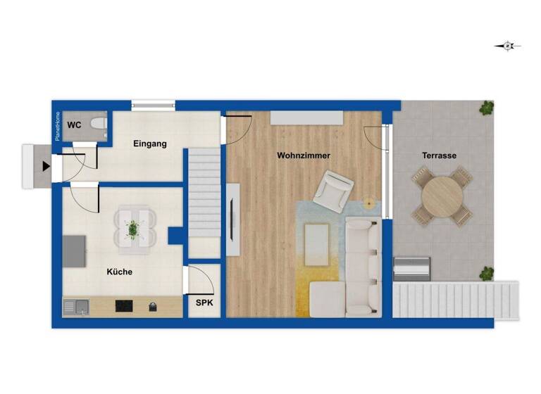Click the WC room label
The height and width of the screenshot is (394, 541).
(73, 125)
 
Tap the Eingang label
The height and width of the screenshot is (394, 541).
(150, 144)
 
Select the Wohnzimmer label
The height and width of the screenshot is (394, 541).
(304, 155)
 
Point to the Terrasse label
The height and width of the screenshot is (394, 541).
(439, 155)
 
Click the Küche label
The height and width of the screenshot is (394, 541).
(119, 272)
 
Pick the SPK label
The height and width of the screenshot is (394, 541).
(204, 303)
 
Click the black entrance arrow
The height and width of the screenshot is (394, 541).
(46, 167)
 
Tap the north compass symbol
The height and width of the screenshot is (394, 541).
(507, 46)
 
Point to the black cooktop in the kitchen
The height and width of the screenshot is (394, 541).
(124, 306)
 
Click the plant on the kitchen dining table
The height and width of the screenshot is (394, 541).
(132, 227)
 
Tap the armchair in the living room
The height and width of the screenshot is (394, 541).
(333, 190)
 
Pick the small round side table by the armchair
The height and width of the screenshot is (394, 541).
(369, 205)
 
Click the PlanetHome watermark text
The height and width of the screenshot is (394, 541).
(58, 126)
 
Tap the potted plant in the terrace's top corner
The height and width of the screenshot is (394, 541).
(486, 108)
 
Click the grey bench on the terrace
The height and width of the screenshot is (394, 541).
(411, 267)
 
